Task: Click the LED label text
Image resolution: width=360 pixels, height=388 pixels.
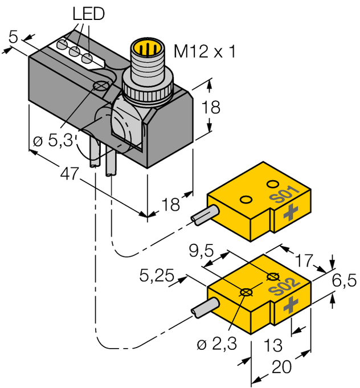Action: tap(88, 14)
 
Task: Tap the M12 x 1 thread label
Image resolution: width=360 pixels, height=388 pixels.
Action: tap(204, 52)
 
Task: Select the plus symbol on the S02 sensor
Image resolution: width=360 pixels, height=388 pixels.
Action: tap(292, 303)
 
